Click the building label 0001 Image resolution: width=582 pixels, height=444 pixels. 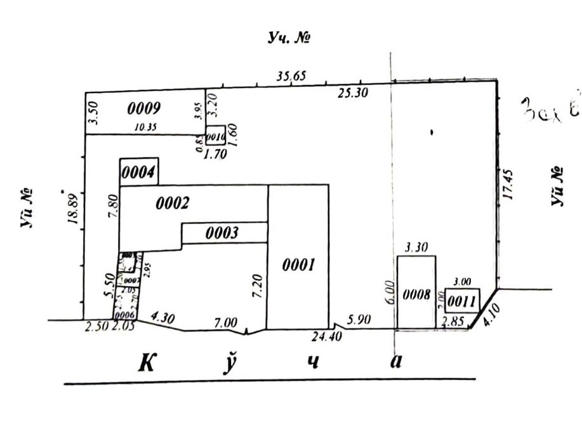(x=299, y=265)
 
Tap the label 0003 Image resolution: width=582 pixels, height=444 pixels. (x=222, y=233)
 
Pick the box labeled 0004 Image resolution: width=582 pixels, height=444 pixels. (x=138, y=172)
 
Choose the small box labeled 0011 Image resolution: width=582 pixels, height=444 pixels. (x=461, y=299)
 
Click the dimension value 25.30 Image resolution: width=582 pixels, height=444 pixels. (x=352, y=93)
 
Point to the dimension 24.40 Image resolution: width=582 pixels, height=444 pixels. (x=328, y=337)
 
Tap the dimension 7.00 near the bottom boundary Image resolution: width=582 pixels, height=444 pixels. (x=226, y=322)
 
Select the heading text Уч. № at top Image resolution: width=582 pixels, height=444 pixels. (x=289, y=38)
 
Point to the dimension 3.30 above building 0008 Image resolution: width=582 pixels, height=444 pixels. (x=416, y=248)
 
